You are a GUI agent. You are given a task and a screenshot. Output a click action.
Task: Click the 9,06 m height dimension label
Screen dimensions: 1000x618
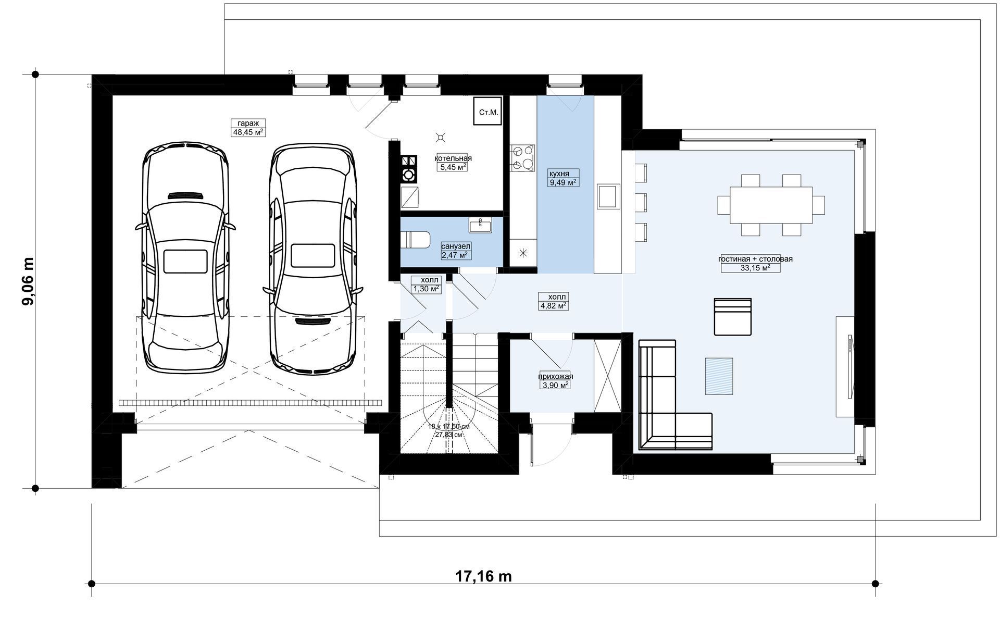coord(28,281)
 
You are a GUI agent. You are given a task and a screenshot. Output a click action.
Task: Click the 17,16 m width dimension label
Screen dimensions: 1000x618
coord(483,577)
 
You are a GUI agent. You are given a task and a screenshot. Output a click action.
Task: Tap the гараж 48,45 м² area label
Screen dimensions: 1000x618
coord(248,128)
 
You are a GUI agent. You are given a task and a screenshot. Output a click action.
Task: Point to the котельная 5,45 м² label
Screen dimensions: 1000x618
coord(453,163)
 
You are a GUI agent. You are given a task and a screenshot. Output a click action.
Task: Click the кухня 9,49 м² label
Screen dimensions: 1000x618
coord(562,178)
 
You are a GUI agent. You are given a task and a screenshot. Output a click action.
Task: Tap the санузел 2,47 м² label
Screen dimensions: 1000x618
coord(456,250)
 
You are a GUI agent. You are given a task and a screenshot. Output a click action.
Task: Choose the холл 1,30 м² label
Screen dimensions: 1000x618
coord(426,285)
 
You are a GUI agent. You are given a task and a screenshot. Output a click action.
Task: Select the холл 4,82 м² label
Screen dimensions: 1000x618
coord(554,301)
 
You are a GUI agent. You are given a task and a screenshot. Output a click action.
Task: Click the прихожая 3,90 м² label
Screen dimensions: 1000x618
coord(556,380)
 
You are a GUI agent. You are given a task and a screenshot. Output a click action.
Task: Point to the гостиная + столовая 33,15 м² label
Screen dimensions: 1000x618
coord(755,263)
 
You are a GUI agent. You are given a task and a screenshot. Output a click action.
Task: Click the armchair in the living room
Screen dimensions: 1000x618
coord(732,317)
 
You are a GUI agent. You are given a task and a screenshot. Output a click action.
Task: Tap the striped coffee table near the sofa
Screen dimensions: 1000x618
coord(719,376)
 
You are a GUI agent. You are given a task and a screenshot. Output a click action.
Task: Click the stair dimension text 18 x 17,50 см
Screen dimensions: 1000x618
coord(448,426)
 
